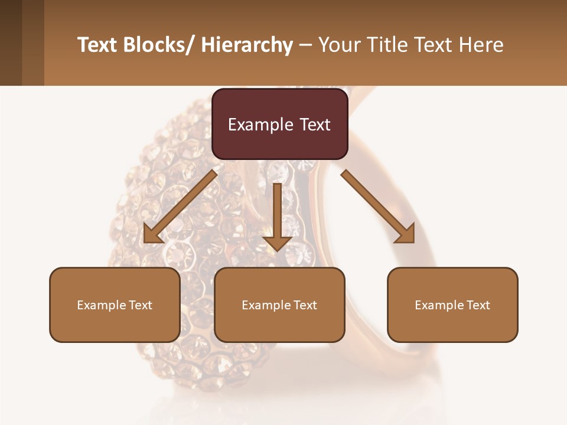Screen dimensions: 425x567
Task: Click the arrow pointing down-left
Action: click(180, 207)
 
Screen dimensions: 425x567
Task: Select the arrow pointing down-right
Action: click(378, 207)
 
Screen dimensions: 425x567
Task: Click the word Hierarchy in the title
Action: click(247, 45)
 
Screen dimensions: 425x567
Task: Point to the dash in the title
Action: click(305, 45)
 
